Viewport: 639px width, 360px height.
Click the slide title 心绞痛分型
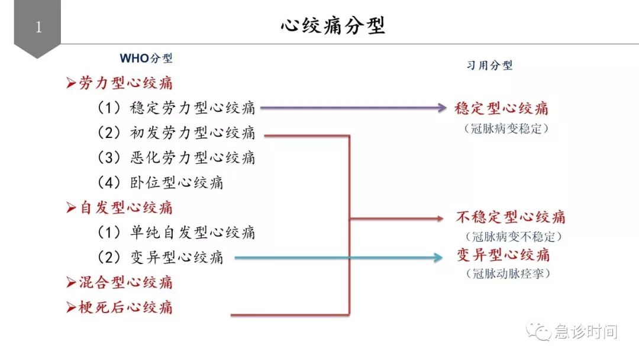pos(333,27)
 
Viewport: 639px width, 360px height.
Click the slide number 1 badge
pos(38,27)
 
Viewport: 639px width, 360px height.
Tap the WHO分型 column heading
pos(146,59)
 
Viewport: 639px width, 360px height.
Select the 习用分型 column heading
pos(489,65)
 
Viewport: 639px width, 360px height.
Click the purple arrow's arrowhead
pos(441,108)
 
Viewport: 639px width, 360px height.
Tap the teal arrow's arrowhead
pos(438,257)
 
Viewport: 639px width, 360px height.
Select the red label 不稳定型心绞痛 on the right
pos(510,217)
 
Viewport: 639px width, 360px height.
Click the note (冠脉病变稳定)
pos(506,128)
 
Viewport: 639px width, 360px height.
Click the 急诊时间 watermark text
pos(585,332)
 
